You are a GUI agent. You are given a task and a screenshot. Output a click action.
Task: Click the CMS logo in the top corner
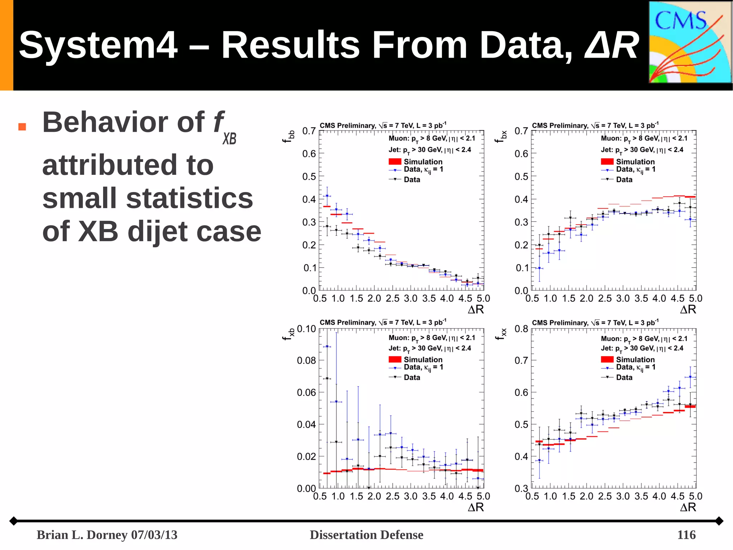pyautogui.click(x=690, y=42)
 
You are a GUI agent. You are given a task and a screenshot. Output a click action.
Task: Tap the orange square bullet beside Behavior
pyautogui.click(x=22, y=127)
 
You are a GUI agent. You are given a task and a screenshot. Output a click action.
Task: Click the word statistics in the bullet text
pyautogui.click(x=189, y=198)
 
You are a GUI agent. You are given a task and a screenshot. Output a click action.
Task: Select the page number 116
pyautogui.click(x=686, y=535)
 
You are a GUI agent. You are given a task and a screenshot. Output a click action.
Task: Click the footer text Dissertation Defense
pyautogui.click(x=366, y=535)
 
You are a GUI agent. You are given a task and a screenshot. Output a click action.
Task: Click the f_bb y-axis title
pyautogui.click(x=288, y=137)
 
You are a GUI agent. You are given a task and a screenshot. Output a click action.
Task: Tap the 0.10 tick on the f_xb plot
pyautogui.click(x=306, y=329)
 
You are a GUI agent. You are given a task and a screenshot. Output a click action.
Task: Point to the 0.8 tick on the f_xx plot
pyautogui.click(x=521, y=329)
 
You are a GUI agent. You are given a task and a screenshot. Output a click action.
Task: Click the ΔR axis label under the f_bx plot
pyautogui.click(x=688, y=310)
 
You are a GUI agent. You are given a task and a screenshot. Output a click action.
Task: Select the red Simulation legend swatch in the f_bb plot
pyautogui.click(x=395, y=162)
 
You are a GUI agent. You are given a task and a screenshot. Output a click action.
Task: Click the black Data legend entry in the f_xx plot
pyautogui.click(x=624, y=377)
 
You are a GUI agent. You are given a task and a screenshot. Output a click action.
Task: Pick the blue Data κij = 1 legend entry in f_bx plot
pyautogui.click(x=635, y=169)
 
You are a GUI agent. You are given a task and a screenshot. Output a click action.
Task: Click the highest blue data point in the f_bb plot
pyautogui.click(x=327, y=196)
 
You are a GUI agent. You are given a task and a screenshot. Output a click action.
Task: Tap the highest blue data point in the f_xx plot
pyautogui.click(x=690, y=377)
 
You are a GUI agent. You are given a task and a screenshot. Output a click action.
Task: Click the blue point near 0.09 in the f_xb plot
pyautogui.click(x=327, y=346)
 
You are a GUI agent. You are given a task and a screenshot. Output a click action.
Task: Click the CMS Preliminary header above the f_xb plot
pyautogui.click(x=383, y=322)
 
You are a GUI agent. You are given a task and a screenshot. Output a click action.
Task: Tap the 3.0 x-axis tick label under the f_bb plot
pyautogui.click(x=411, y=298)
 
